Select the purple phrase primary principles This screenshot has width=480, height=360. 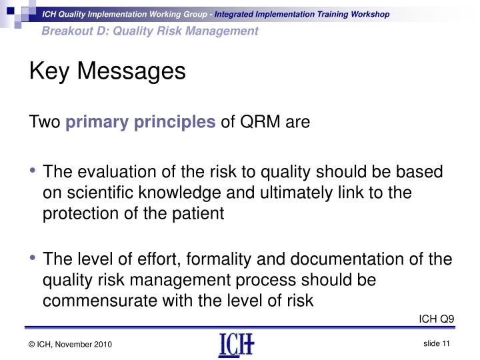click(141, 122)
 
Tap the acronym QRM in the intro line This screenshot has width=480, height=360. click(262, 122)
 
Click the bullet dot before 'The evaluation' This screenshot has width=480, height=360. click(33, 173)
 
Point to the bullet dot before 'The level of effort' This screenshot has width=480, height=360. click(33, 260)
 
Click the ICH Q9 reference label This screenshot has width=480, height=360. click(436, 318)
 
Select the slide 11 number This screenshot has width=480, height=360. click(437, 343)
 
